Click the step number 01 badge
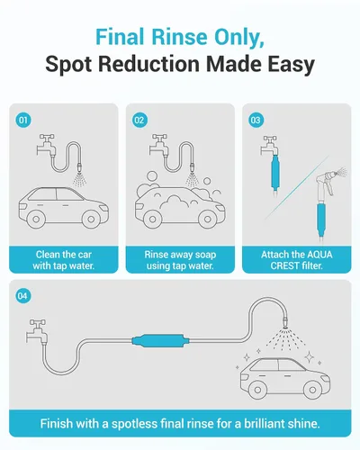click(23, 120)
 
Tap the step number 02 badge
click(139, 120)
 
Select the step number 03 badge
click(256, 120)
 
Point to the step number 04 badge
click(23, 296)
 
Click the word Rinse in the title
click(179, 37)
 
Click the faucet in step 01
click(47, 146)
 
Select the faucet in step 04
click(36, 331)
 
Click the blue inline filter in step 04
click(161, 341)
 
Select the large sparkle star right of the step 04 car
click(309, 356)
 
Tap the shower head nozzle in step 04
click(286, 323)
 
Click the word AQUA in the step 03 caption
click(319, 255)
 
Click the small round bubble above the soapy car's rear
click(207, 181)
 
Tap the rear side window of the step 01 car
click(69, 194)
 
